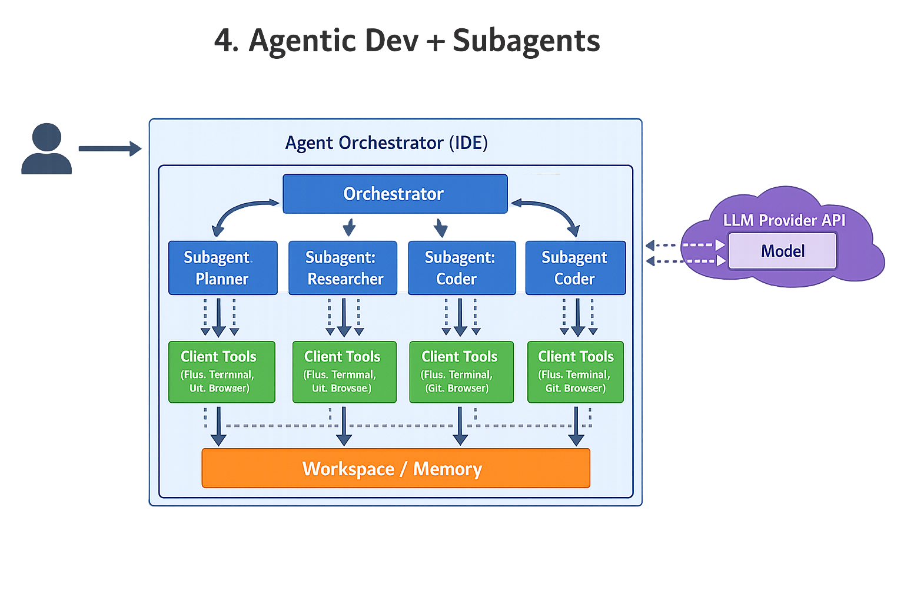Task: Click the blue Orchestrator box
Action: [x=395, y=194]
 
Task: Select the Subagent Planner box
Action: [x=222, y=268]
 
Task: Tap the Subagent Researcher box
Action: [x=343, y=268]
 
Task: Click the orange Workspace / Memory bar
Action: [x=395, y=468]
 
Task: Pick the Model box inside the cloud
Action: [x=782, y=251]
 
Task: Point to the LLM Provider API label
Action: [x=784, y=220]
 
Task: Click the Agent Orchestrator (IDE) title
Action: [x=386, y=143]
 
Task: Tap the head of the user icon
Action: [x=46, y=137]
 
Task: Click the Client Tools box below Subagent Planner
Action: [x=222, y=372]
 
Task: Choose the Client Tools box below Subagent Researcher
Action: [x=344, y=372]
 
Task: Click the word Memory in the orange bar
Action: [x=447, y=469]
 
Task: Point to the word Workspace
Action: [x=348, y=469]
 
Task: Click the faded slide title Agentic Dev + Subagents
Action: [x=407, y=42]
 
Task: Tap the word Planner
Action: [x=222, y=279]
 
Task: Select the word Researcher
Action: [x=345, y=279]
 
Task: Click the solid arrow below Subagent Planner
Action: [x=218, y=317]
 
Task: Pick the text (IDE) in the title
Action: [x=468, y=143]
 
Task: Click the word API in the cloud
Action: [x=833, y=220]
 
